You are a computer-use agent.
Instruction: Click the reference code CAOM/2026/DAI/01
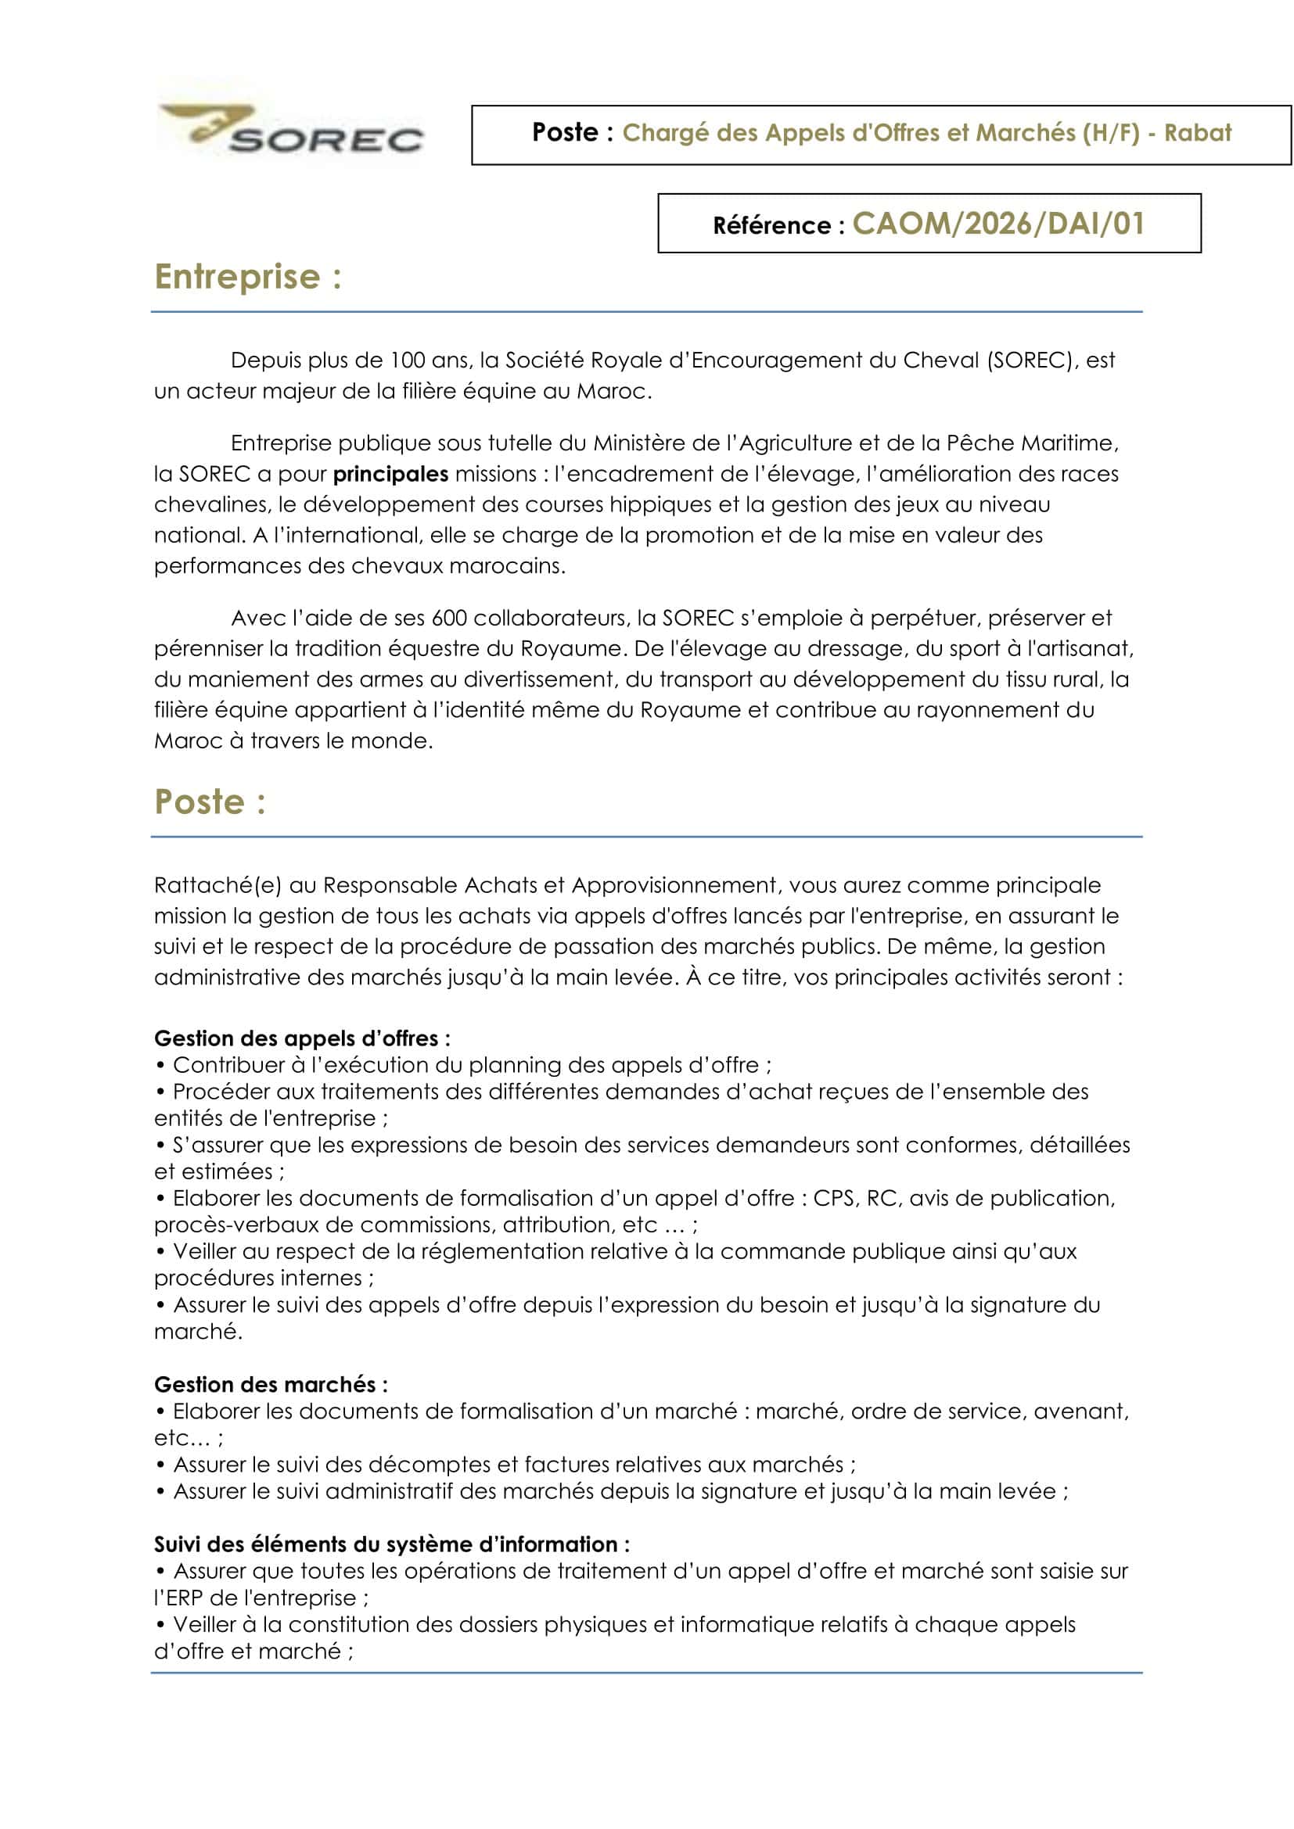pos(997,224)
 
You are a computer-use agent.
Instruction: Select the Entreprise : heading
pos(248,278)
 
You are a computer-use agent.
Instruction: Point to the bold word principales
pos(390,474)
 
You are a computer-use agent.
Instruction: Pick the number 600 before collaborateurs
pos(449,618)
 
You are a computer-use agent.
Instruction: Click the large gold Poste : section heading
pos(210,802)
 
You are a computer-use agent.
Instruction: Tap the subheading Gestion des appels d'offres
pos(302,1038)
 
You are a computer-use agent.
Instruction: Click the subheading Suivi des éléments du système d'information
pos(391,1544)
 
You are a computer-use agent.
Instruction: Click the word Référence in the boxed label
pos(771,225)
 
